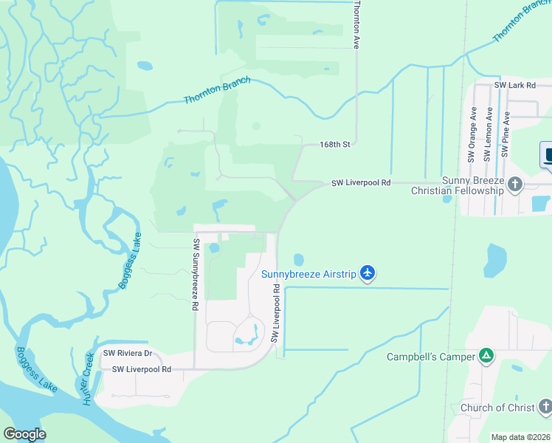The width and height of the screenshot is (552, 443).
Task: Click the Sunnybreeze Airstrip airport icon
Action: coord(368,274)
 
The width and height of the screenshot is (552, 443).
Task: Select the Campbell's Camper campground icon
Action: coord(486,357)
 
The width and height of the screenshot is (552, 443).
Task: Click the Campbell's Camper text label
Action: coord(432,357)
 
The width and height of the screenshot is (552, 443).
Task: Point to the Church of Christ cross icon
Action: coord(545,407)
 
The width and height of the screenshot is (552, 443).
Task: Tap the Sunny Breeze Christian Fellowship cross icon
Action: coord(515,185)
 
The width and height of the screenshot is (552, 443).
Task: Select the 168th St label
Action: coord(334,145)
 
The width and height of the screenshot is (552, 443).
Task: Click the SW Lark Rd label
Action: coord(514,86)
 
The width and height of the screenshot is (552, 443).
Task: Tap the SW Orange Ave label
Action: coord(472,135)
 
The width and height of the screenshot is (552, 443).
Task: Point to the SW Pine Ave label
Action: coord(505,135)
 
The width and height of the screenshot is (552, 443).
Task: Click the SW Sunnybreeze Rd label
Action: coord(196,274)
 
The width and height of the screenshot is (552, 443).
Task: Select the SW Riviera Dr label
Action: coord(127,353)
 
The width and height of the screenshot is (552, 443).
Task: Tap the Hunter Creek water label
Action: coord(89,379)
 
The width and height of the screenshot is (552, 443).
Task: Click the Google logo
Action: coord(24,434)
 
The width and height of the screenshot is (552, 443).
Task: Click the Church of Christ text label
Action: coord(496,408)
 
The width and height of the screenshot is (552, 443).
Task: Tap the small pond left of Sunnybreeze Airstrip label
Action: coord(298,259)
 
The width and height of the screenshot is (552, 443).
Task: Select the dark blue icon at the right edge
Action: coord(548,156)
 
